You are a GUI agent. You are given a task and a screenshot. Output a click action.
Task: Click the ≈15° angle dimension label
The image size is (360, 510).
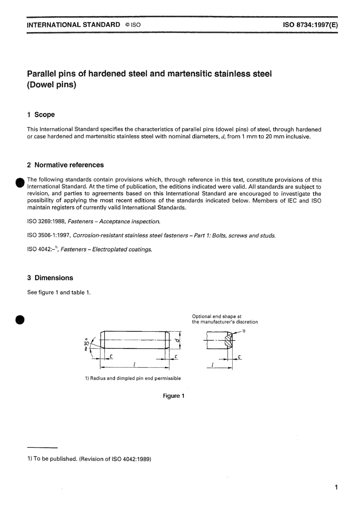86,344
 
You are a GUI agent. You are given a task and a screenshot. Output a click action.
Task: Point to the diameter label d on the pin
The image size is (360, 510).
177,340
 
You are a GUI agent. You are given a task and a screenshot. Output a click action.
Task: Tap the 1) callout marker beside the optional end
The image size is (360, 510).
243,331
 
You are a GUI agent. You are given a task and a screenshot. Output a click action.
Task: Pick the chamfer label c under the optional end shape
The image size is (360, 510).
239,357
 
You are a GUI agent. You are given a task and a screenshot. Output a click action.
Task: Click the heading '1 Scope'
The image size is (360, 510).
41,115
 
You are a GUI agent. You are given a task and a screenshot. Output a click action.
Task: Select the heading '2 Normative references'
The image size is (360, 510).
65,165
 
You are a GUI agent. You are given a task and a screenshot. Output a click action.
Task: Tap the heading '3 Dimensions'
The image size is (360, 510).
50,278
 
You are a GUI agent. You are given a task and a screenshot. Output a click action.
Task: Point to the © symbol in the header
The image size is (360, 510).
128,25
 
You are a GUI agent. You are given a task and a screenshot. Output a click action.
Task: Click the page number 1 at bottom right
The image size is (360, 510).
336,487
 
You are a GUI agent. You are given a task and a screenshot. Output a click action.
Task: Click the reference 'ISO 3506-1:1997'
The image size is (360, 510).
48,235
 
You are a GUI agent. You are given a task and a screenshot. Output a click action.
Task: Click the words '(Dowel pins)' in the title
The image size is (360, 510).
52,85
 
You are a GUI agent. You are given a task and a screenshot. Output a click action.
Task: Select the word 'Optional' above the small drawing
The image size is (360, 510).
202,316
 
